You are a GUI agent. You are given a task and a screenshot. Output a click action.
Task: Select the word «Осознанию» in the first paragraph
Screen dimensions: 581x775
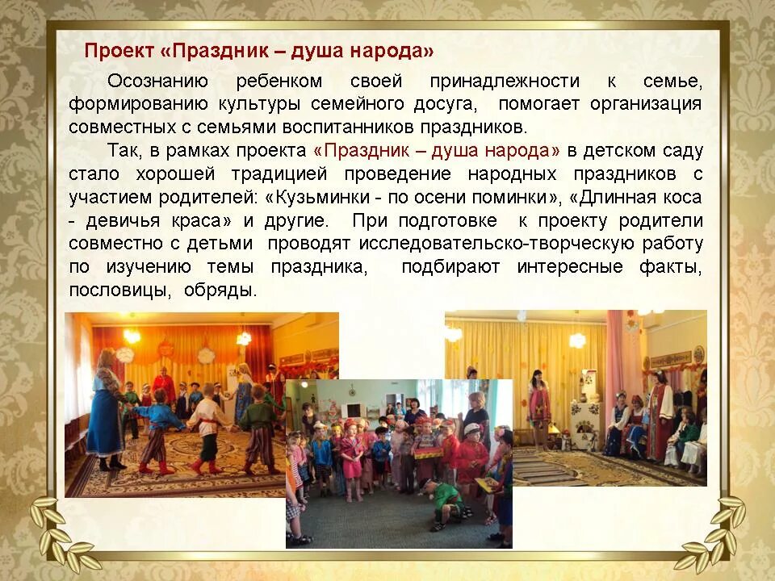point(158,82)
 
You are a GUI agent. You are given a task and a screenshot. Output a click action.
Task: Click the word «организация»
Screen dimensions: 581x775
point(646,105)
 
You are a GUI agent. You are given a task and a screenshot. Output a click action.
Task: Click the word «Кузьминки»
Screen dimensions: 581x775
point(327,198)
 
